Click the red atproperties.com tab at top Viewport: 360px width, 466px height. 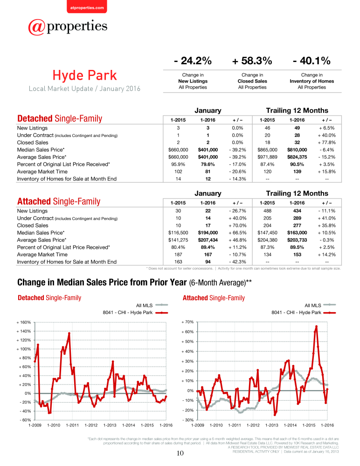point(87,7)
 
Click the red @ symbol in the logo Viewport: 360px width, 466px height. point(36,27)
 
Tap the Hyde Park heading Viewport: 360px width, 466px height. point(84,75)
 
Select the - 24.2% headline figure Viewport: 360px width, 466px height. point(193,61)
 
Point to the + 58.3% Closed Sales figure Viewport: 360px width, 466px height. point(252,61)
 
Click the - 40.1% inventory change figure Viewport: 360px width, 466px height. point(312,61)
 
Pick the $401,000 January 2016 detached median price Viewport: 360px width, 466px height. point(208,150)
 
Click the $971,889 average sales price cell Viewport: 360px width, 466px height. point(267,157)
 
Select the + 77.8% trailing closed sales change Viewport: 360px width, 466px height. point(327,142)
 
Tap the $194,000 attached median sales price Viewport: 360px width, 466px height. point(208,233)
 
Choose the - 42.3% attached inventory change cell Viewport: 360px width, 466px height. point(237,262)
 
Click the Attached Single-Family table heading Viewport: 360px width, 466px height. point(59,201)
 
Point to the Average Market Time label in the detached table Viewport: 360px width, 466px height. point(42,171)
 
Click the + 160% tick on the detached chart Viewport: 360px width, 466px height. point(23,322)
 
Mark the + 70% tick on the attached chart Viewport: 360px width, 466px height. point(187,322)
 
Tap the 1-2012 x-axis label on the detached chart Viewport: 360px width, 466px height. point(91,425)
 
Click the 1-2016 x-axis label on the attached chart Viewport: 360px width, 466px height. point(327,425)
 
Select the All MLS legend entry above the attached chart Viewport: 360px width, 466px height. point(320,305)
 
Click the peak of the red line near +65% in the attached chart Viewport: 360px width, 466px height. point(316,326)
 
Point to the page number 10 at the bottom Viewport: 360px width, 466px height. point(180,453)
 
